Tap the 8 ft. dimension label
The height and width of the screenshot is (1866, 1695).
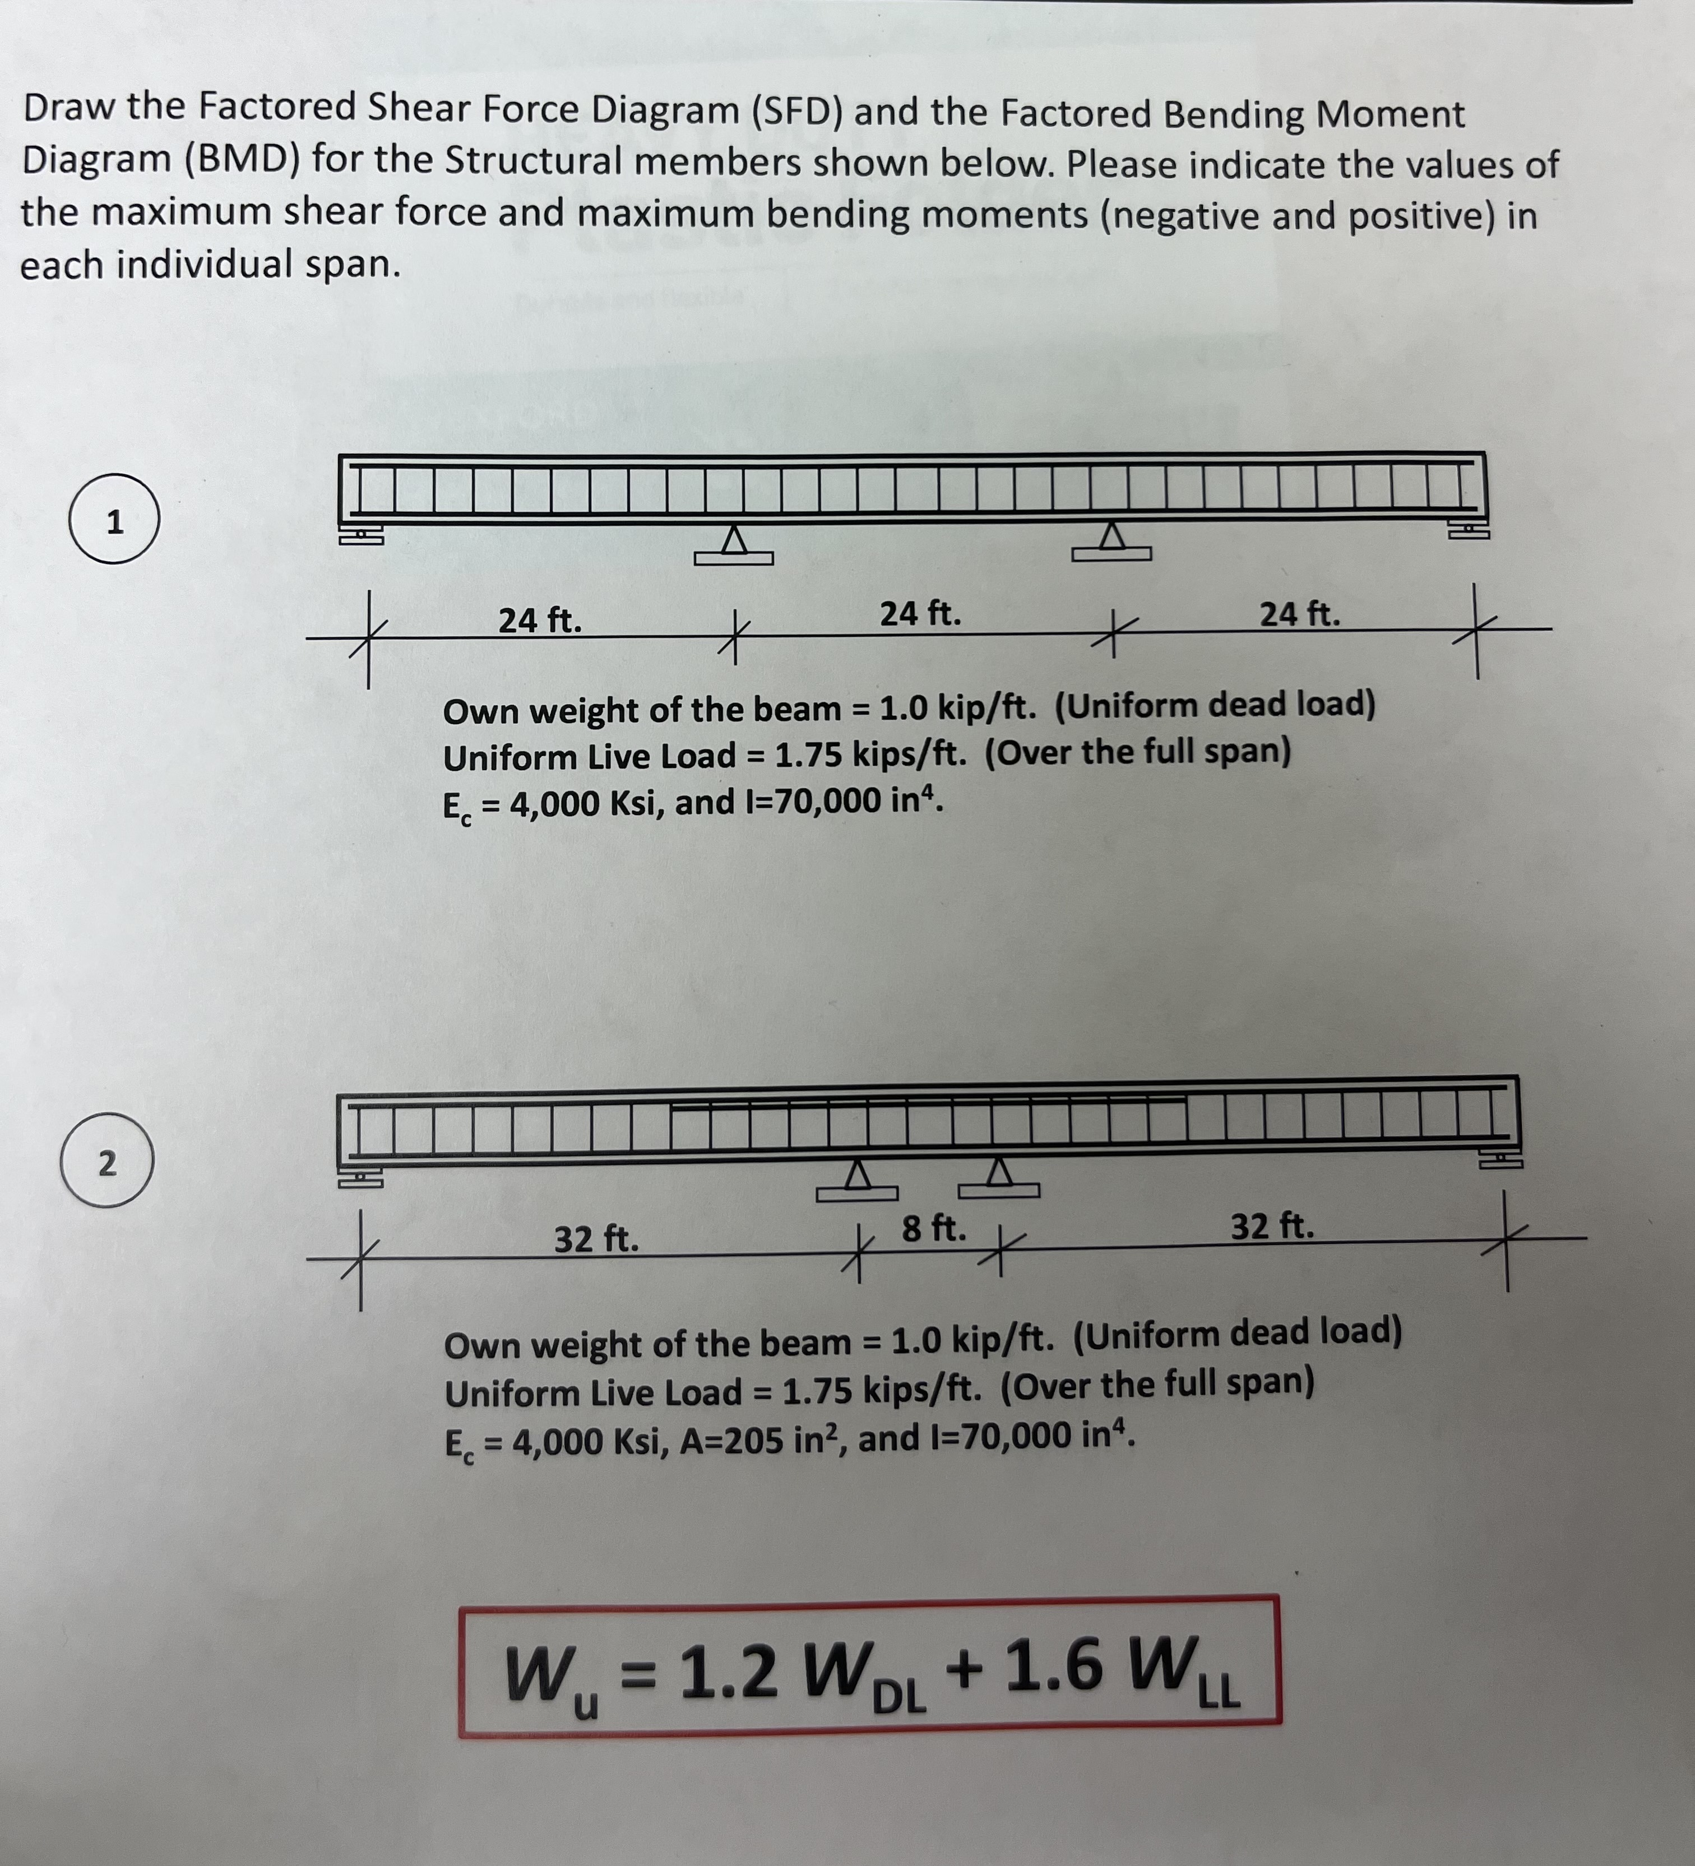pos(934,1228)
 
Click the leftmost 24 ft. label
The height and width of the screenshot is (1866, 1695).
pos(540,619)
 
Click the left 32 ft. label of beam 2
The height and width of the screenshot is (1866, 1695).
pos(596,1238)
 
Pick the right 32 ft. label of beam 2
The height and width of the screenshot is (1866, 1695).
pos(1272,1226)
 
